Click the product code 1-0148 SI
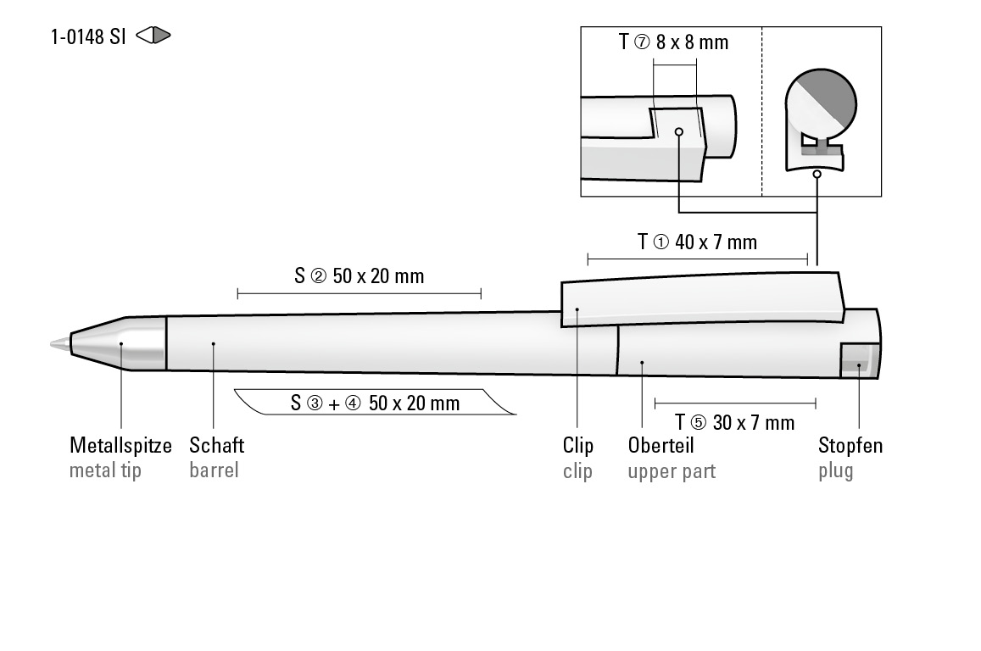88,36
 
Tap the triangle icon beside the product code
153,36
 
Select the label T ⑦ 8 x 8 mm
674,42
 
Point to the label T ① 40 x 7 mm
697,242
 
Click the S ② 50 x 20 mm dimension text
360,275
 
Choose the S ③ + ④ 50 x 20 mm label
375,403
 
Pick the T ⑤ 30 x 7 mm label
734,422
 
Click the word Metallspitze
120,445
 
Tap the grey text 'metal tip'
105,470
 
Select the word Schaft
216,445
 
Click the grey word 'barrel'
214,470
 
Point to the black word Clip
577,445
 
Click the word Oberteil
661,445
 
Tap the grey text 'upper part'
672,471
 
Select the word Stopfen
850,445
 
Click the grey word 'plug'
835,471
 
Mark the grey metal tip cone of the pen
119,343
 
